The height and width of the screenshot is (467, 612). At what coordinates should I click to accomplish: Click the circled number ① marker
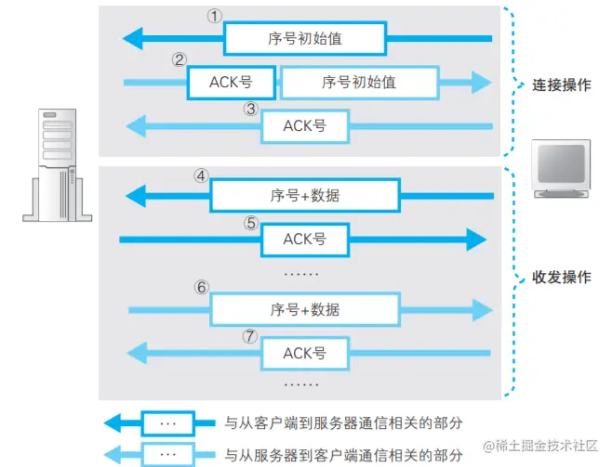click(215, 17)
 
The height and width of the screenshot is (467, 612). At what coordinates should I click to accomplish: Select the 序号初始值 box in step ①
click(304, 39)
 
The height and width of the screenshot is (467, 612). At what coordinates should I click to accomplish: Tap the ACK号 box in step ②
click(232, 82)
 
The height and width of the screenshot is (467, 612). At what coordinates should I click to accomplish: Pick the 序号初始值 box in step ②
click(359, 82)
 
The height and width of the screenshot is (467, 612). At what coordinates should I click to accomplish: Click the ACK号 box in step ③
click(304, 125)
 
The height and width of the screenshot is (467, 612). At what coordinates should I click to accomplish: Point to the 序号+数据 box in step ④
click(304, 195)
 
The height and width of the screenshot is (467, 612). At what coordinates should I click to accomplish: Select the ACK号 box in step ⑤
click(304, 240)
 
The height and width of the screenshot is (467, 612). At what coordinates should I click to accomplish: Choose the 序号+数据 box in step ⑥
click(304, 309)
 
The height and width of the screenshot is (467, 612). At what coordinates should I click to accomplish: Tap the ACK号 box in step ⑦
click(304, 353)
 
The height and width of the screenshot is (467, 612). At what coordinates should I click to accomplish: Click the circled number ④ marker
click(201, 175)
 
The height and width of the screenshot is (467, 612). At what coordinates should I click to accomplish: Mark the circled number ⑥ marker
click(202, 288)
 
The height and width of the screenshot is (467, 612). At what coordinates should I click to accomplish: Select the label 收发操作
click(561, 277)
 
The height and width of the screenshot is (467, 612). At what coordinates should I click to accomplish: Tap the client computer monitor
click(561, 168)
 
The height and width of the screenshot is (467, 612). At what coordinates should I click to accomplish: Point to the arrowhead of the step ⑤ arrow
click(475, 240)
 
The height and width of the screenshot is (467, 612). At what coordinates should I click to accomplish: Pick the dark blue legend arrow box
click(168, 423)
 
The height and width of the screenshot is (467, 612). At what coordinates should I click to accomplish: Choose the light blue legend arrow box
click(168, 455)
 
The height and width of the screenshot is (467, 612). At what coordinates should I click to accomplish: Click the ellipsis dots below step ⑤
click(300, 274)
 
